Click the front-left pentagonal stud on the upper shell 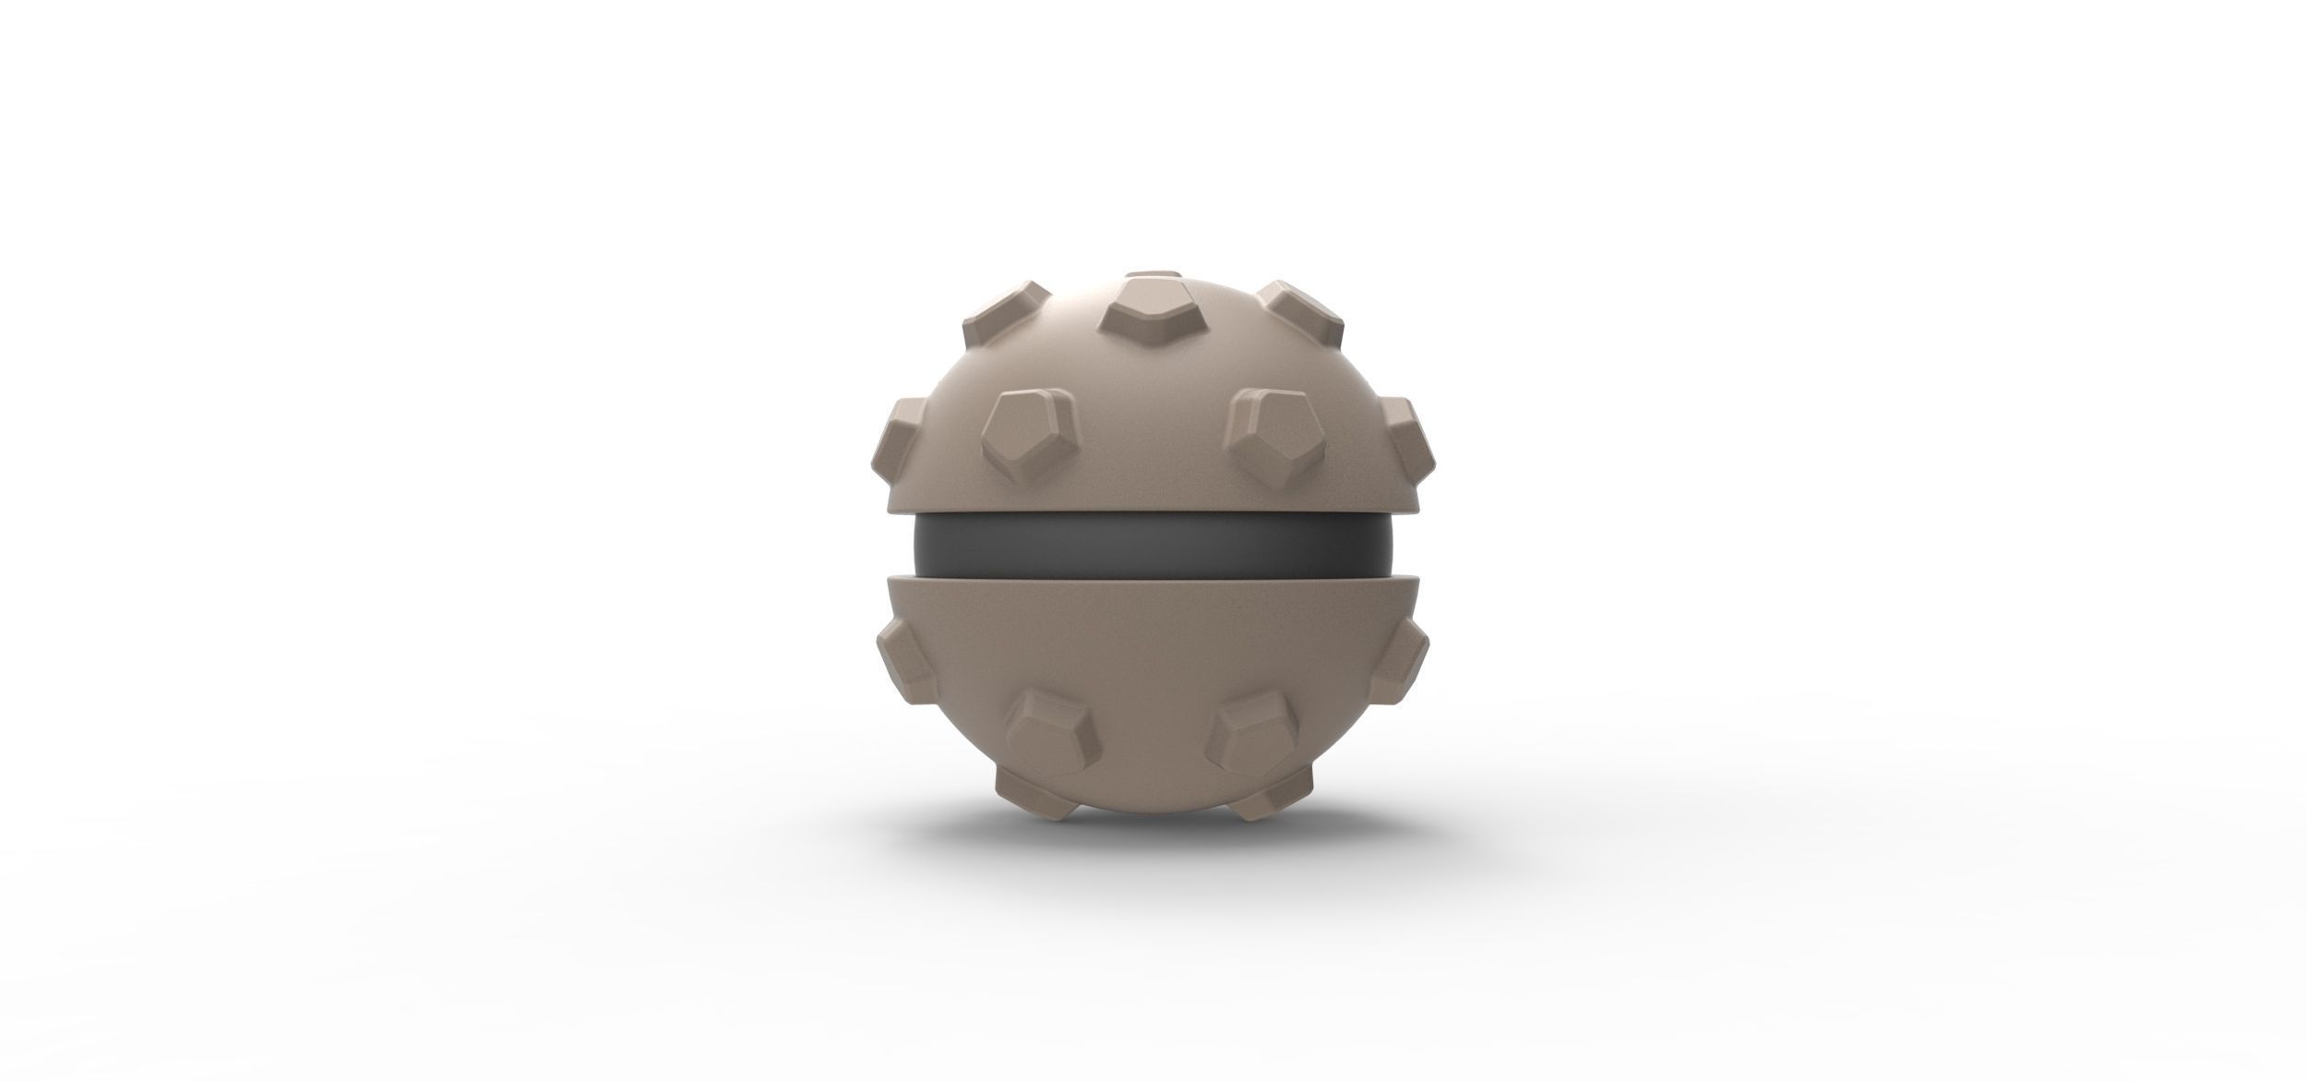[x=1028, y=435]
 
